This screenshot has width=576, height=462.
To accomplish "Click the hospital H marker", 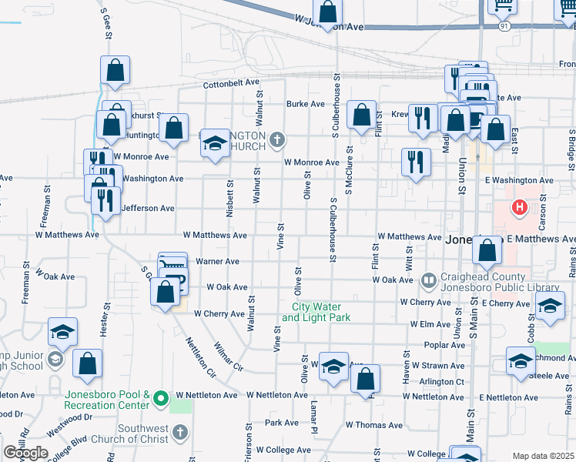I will tap(520, 208).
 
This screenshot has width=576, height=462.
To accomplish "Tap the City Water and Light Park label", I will tap(316, 312).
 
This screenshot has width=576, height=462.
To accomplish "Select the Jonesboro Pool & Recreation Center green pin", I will tap(160, 399).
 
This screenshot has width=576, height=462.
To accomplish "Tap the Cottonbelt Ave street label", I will tap(231, 83).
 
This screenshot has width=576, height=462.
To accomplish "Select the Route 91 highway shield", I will tap(504, 25).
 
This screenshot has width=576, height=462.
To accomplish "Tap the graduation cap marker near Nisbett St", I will tap(216, 143).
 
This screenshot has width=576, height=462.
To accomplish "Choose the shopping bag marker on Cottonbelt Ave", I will tap(115, 71).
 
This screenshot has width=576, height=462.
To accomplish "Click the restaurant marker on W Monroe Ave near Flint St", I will tap(416, 162).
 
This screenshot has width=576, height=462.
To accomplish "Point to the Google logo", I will tap(25, 453).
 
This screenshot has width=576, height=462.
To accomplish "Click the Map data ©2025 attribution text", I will tap(543, 456).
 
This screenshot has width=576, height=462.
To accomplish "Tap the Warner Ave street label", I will tap(217, 261).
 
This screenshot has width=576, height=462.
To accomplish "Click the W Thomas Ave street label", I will tap(373, 424).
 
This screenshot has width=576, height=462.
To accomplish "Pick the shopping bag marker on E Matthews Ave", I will tap(487, 251).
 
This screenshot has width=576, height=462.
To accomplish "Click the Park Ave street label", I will tap(281, 423).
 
